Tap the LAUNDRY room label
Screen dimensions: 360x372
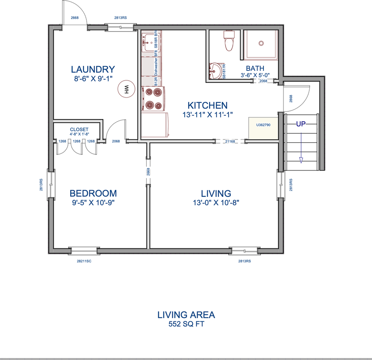(93, 69)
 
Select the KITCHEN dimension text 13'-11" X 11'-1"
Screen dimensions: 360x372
(208, 115)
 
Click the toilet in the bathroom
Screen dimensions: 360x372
(228, 41)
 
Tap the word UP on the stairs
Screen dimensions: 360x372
(301, 124)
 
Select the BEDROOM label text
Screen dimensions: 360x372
(93, 193)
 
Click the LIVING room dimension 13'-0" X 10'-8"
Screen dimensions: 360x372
(215, 202)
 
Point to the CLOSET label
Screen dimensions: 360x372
(79, 129)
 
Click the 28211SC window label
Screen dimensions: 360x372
(84, 261)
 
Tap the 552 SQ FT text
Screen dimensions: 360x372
(186, 324)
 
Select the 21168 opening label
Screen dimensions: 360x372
(230, 141)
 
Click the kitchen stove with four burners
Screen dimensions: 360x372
(154, 99)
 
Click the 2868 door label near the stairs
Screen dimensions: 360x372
(291, 99)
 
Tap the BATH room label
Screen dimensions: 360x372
(255, 68)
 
